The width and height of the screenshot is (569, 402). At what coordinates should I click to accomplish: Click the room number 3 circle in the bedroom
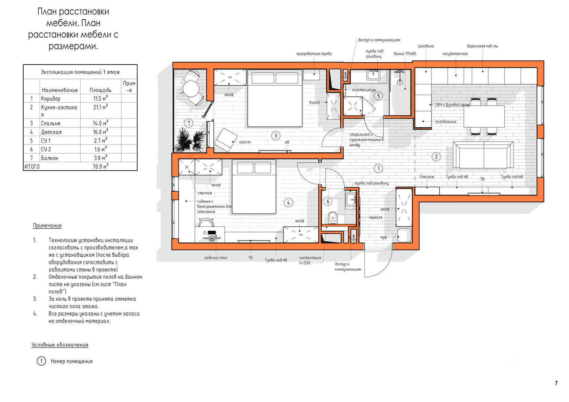point(276,136)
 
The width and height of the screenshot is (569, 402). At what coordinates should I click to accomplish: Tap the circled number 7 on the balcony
point(188,123)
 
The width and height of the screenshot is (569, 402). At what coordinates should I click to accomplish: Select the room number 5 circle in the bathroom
point(379,96)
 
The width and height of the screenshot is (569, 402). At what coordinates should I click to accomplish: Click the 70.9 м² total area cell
point(101,166)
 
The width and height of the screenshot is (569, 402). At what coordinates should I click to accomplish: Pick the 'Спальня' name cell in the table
point(50,123)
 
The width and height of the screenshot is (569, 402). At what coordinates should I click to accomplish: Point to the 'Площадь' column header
point(101,90)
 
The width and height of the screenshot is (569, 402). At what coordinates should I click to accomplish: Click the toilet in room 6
point(333,218)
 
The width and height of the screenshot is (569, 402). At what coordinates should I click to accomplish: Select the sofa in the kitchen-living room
point(483,155)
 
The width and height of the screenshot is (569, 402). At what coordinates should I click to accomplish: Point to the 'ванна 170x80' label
point(405,54)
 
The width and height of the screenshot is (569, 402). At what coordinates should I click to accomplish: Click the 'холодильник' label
point(446,122)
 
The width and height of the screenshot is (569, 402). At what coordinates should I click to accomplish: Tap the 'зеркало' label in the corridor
point(375,217)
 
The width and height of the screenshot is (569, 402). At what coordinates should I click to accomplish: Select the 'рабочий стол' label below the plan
point(216,258)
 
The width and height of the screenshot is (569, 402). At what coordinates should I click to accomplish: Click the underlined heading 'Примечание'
point(47,226)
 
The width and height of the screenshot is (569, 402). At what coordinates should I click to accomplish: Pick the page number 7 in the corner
point(556,383)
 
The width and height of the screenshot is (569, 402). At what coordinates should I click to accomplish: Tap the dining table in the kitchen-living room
point(484,116)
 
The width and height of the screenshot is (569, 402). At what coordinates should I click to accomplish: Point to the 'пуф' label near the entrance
point(383,237)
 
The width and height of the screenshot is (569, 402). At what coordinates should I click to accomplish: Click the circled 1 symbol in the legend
point(41,361)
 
